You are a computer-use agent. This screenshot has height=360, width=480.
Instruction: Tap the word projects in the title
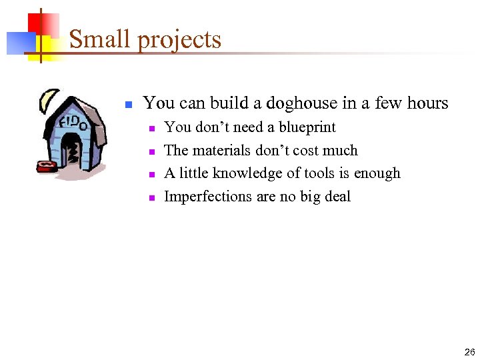[179, 41]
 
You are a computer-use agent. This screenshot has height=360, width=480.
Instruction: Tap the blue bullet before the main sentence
[129, 105]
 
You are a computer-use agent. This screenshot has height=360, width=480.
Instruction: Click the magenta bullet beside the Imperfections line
[151, 198]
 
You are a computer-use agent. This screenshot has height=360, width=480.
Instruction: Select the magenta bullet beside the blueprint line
[151, 129]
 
